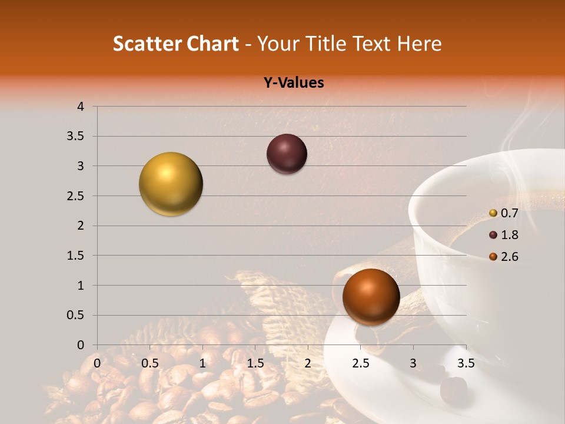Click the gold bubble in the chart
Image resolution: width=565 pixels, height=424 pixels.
point(171,184)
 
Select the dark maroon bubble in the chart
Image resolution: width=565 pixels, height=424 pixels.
point(287,154)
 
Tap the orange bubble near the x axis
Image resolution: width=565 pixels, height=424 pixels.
point(371,297)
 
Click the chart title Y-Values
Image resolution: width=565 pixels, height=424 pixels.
point(294,83)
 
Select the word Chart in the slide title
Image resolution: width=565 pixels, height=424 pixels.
point(212,44)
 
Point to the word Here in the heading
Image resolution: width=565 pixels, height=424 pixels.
point(419,44)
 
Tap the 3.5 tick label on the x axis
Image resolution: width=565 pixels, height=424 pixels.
point(466,363)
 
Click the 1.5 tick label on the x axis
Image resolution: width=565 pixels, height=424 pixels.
point(255,363)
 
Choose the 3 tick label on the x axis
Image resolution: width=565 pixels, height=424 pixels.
point(413,363)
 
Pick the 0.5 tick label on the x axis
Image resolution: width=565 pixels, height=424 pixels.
point(150,363)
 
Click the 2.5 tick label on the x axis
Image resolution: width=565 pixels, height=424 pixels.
point(361,363)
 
